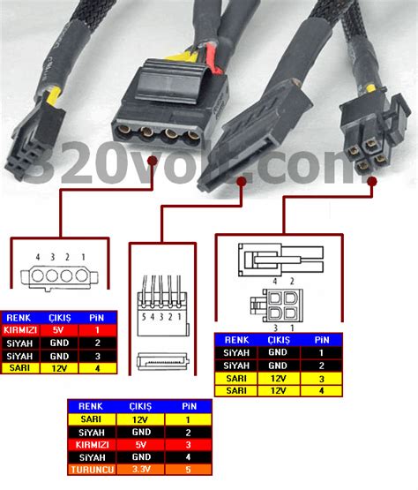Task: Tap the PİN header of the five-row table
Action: [186, 406]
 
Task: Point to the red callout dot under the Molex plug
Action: [155, 162]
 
